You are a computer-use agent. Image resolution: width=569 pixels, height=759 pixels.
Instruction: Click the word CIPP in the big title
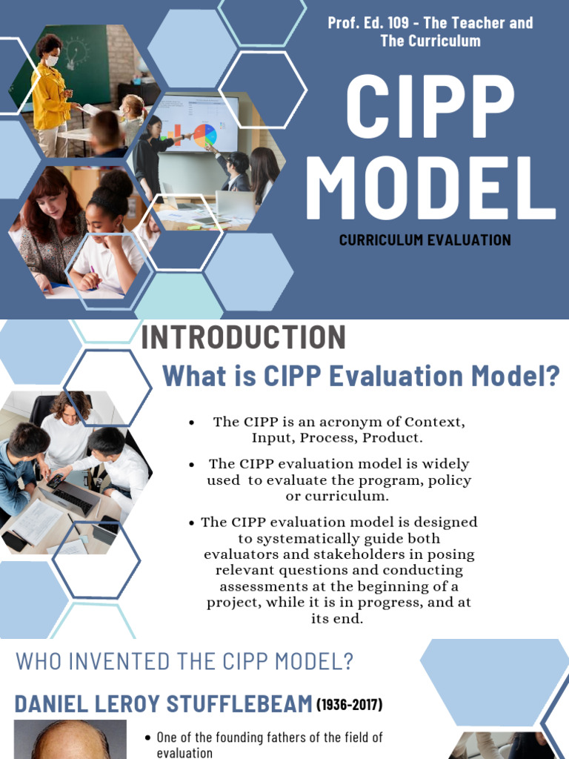point(430,107)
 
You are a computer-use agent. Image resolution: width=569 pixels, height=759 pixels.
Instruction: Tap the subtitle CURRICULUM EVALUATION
point(425,240)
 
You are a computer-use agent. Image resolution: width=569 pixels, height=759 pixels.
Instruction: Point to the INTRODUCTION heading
point(243,338)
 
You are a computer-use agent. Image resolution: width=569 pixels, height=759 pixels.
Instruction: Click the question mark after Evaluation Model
point(551,376)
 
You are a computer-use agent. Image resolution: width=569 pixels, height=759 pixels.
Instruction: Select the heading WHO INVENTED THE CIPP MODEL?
point(184,662)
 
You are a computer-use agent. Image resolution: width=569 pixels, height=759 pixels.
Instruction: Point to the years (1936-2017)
point(350,705)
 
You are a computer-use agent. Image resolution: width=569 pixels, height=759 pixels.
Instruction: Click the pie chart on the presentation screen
point(204,134)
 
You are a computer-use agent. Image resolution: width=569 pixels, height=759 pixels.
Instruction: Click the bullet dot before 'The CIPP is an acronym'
point(192,422)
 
